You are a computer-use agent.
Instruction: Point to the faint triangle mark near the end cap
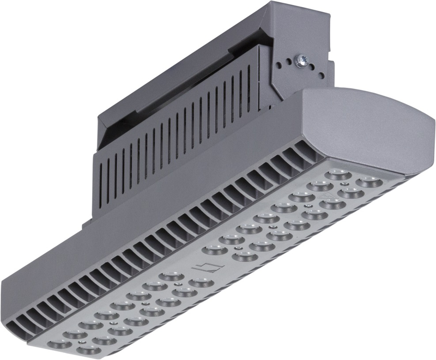328,194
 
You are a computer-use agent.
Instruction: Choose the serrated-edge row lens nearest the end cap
367,181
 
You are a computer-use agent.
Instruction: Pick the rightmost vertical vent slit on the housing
256,82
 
